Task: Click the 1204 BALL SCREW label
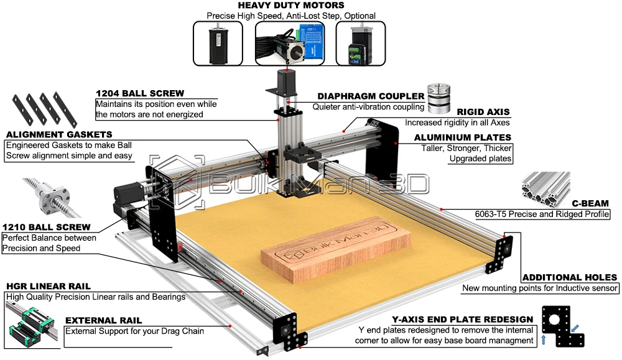click(140, 93)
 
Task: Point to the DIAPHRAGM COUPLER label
click(371, 96)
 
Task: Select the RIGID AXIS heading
click(483, 112)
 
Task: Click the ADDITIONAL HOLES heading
click(569, 277)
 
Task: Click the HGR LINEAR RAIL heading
click(49, 286)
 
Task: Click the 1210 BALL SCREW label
click(46, 227)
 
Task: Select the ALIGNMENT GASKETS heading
click(59, 134)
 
